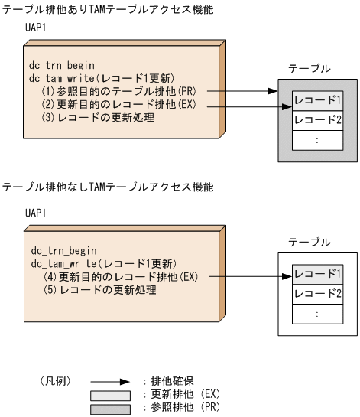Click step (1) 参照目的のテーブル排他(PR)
112,90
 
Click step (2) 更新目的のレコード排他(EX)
112,104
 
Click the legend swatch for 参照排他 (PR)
110,407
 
